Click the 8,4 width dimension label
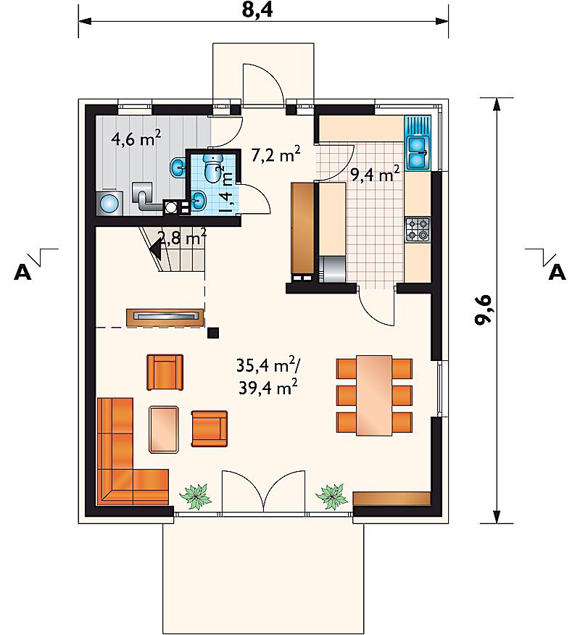click(x=257, y=9)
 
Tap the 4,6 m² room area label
click(x=136, y=138)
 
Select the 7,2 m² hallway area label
click(x=275, y=154)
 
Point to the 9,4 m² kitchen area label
click(x=375, y=174)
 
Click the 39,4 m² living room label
click(x=268, y=387)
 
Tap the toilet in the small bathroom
click(x=213, y=167)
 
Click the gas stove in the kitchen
click(x=418, y=230)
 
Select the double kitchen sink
click(x=418, y=152)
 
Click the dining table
click(x=374, y=395)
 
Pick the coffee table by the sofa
click(x=164, y=429)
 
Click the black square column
click(x=213, y=333)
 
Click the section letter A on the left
click(x=22, y=272)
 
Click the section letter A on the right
click(x=557, y=272)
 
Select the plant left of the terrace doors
click(x=196, y=496)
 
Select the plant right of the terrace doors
click(x=332, y=496)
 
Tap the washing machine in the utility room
click(x=109, y=202)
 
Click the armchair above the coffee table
click(x=165, y=372)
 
